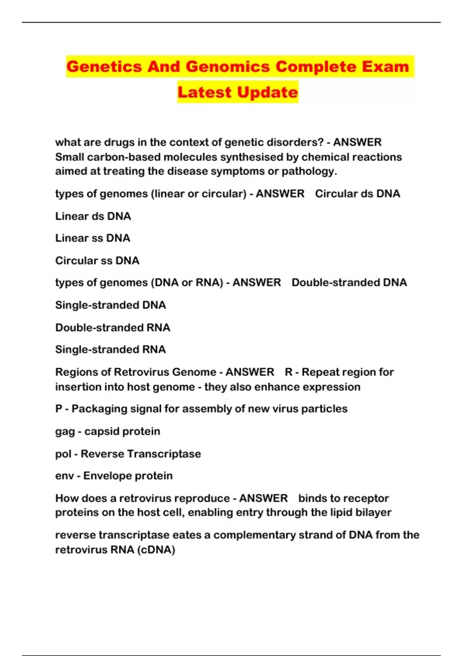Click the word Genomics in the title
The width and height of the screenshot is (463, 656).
pyautogui.click(x=228, y=67)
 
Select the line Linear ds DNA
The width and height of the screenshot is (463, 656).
pyautogui.click(x=93, y=216)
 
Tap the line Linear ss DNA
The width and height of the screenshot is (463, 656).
pyautogui.click(x=93, y=238)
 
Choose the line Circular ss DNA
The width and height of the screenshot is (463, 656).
pyautogui.click(x=97, y=260)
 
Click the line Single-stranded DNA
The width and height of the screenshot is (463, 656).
pyautogui.click(x=110, y=305)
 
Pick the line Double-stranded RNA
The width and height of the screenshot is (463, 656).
pyautogui.click(x=113, y=328)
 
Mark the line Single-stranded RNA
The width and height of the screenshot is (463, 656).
pyautogui.click(x=110, y=350)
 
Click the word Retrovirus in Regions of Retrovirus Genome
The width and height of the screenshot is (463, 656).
pyautogui.click(x=142, y=372)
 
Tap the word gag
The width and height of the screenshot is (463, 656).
pyautogui.click(x=65, y=432)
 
